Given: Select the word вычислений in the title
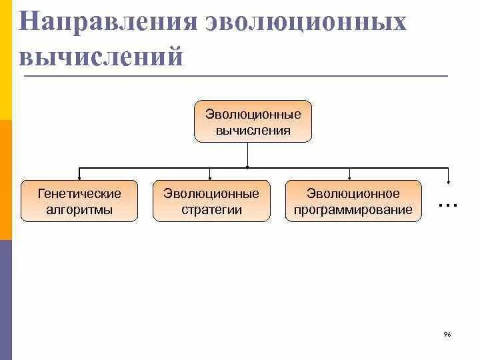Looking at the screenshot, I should (x=101, y=57).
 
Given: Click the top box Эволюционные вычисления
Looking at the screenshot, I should (x=253, y=121).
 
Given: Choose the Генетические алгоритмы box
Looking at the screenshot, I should (x=79, y=201).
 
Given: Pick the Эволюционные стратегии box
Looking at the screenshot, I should (x=211, y=201).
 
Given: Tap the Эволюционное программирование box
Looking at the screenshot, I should (x=353, y=201).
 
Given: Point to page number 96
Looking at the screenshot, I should (x=447, y=334).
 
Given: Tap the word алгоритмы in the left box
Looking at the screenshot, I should (x=79, y=209).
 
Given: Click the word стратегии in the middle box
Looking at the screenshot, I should (x=211, y=209).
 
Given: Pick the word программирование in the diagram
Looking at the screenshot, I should (x=353, y=209).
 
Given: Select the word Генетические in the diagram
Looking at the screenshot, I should (x=79, y=193).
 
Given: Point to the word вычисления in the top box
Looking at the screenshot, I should (x=253, y=130).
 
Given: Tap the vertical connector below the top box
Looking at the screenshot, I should (x=248, y=154).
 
